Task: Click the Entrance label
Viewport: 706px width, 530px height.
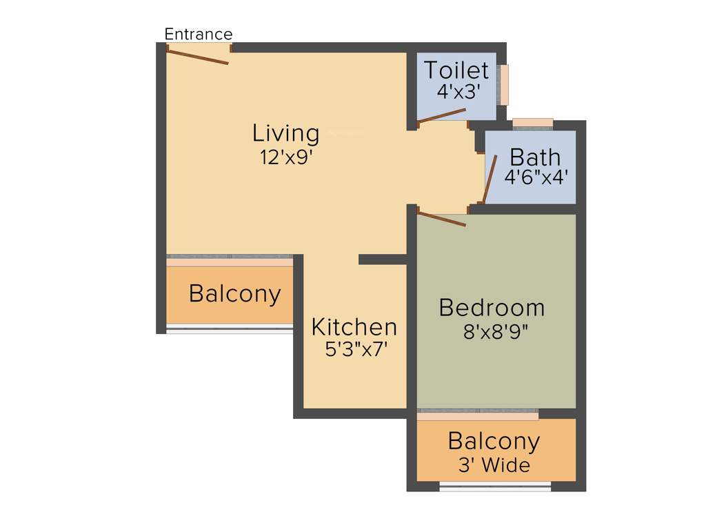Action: coord(198,34)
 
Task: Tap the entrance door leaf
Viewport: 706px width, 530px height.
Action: coord(198,56)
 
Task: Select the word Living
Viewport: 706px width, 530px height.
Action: coord(285,132)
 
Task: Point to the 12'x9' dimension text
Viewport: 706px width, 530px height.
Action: coord(286,157)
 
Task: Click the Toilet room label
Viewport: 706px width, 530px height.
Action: coord(456,70)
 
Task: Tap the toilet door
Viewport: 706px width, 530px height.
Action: coord(442,115)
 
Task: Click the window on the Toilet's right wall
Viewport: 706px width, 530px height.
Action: coord(505,84)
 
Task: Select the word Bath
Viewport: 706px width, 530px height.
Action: coord(535,157)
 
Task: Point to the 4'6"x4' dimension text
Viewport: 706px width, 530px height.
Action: coord(536,177)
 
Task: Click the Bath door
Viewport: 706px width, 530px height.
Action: coord(490,179)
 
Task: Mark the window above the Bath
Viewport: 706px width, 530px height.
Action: coord(533,123)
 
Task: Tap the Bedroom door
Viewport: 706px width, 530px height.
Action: coord(442,219)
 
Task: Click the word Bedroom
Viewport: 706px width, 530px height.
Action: coord(492,307)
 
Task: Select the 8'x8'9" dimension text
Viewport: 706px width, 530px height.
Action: coord(496,331)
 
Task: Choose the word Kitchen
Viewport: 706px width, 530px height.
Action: coord(354,326)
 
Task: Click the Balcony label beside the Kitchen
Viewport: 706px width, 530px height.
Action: coord(234,293)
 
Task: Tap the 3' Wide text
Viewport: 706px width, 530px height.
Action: coord(494,465)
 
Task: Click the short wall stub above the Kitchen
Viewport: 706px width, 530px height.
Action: coord(383,259)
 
